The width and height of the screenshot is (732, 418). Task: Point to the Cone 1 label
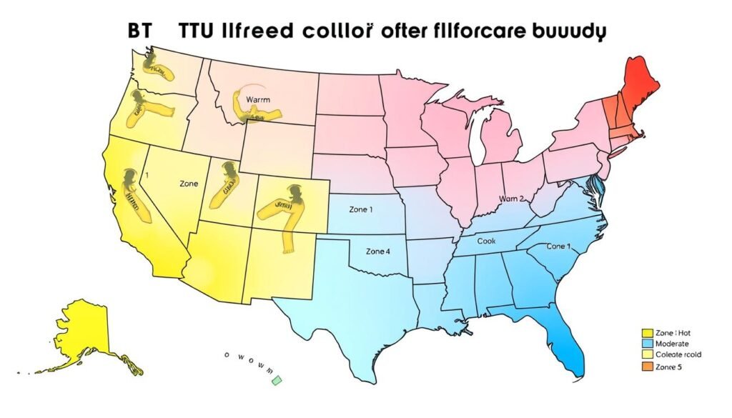pos(559,246)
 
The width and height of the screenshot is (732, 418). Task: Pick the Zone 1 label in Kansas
pos(360,210)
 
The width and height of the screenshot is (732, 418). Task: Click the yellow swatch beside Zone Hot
pos(648,333)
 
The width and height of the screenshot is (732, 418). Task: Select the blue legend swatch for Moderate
pos(648,344)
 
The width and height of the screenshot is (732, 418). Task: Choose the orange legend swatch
pos(648,366)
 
